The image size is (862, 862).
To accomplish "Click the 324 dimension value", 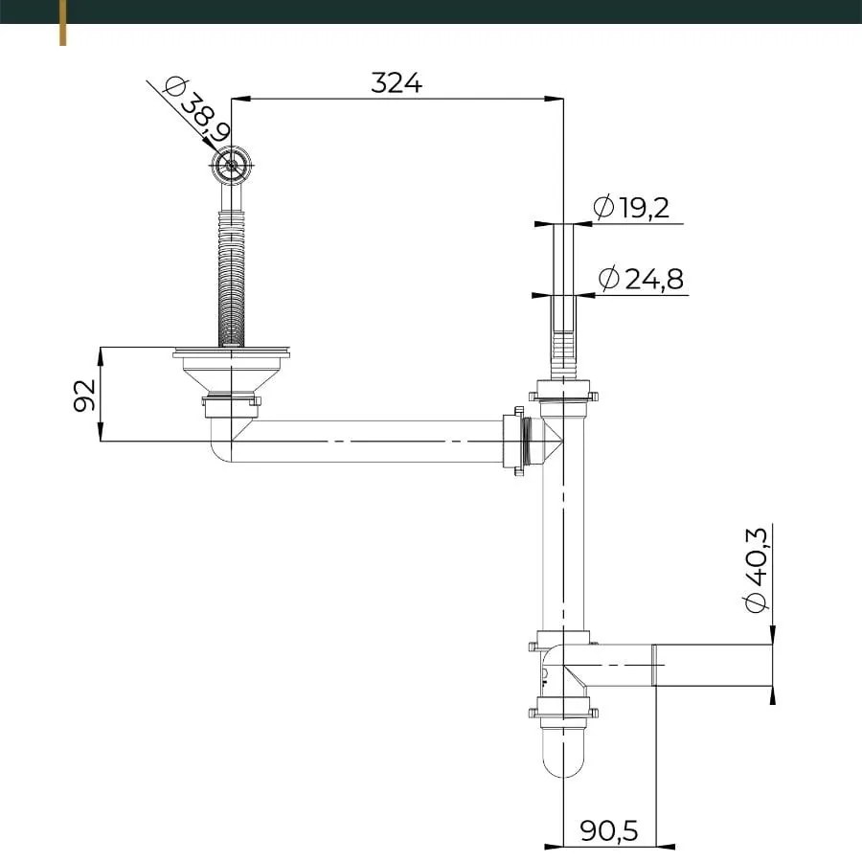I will click(x=397, y=83).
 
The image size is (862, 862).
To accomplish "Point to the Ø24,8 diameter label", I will click(x=641, y=279).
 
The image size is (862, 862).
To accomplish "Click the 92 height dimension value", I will click(x=85, y=395).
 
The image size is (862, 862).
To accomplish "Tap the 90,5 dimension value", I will click(x=609, y=829).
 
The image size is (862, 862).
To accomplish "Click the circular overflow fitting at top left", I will click(x=231, y=165).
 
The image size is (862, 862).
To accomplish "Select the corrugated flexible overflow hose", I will click(x=230, y=278).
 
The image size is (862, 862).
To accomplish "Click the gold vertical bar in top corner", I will click(x=63, y=22).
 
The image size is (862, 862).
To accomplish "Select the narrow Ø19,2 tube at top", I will click(x=562, y=259).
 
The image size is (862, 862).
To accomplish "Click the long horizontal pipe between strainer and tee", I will click(x=374, y=442).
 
